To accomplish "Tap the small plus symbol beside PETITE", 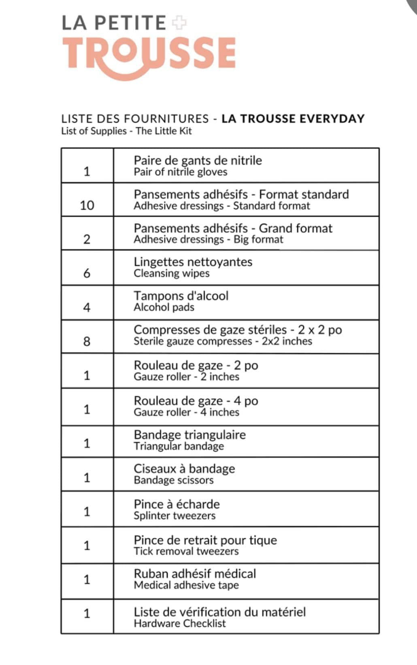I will click(179, 23).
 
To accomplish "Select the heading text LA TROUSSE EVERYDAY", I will click(293, 119).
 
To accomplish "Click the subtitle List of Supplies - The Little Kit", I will click(126, 131).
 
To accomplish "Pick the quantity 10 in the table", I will click(87, 205).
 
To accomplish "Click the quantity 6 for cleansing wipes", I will click(87, 273).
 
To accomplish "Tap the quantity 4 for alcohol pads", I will click(87, 307).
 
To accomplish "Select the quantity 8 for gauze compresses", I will click(87, 341).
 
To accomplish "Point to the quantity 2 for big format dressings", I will click(87, 239).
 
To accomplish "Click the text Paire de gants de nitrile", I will click(198, 160).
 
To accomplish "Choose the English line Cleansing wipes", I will click(172, 273).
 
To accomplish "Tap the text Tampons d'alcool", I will click(181, 296).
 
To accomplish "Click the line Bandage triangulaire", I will click(189, 435).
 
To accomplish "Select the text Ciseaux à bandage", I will click(184, 469).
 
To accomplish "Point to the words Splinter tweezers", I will click(174, 516).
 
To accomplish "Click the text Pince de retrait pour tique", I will click(205, 540).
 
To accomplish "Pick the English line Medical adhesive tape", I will click(186, 585).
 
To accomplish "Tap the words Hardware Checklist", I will click(180, 623).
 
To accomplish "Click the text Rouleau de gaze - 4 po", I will click(196, 401).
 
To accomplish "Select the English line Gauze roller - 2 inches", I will click(186, 377).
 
